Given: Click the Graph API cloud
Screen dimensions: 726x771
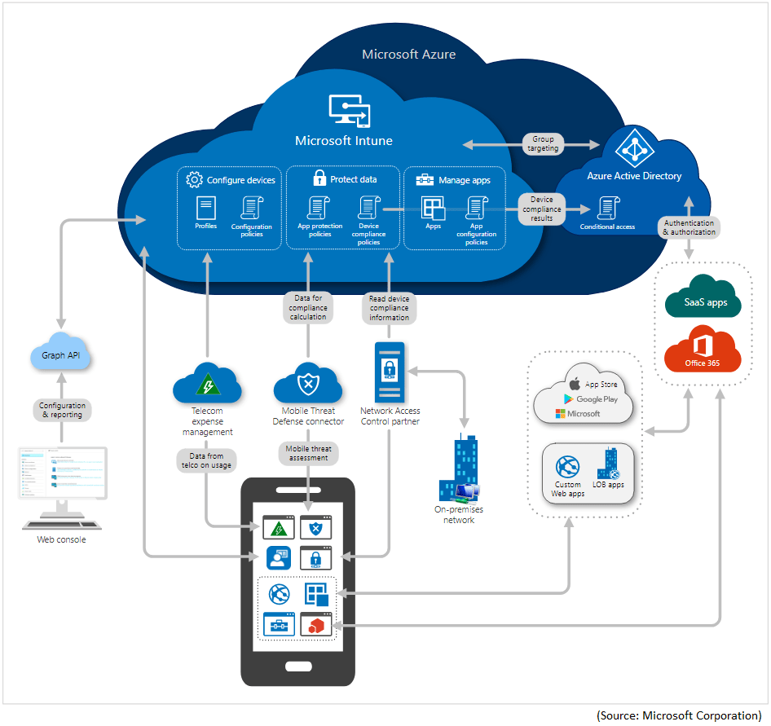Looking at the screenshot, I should (64, 355).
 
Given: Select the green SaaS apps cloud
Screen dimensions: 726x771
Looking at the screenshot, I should (702, 301).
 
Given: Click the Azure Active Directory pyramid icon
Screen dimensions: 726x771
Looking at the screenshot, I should (633, 149).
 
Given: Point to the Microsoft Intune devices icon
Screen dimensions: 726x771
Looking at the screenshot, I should (349, 111).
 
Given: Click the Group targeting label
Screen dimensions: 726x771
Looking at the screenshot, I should (543, 144).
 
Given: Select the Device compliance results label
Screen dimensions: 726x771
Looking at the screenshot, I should (541, 209).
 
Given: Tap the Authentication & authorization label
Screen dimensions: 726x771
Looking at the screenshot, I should (689, 227).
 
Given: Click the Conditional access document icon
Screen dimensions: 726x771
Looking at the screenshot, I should (607, 208).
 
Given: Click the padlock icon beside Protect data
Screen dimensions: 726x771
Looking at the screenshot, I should (319, 178).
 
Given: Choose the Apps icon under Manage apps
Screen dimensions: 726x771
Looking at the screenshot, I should (433, 208).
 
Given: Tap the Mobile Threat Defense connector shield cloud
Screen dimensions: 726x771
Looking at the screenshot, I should (307, 383).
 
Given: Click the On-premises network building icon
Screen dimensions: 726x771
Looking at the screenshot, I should (459, 472).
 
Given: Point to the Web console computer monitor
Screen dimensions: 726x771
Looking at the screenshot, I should (62, 474).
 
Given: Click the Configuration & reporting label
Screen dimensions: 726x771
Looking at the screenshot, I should (63, 410).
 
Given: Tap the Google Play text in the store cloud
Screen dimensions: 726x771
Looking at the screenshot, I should (597, 399).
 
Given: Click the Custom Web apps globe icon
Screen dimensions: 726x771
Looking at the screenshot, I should (567, 468).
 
